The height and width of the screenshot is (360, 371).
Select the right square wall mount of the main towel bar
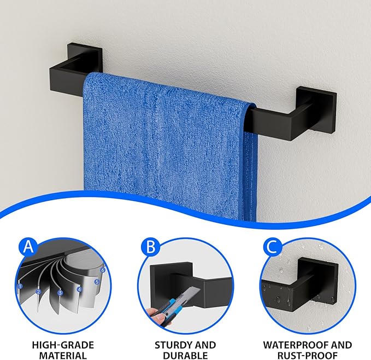[316, 109]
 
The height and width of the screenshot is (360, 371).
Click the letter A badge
[28, 247]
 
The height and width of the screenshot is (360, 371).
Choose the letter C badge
[273, 247]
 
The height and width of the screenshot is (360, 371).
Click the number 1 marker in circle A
[20, 286]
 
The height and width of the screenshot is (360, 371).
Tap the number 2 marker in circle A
[39, 292]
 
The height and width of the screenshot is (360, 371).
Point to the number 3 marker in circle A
[60, 293]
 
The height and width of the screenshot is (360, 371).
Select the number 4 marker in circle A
[79, 289]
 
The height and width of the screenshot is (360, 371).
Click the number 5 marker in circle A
[97, 282]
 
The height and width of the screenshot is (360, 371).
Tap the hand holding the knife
[157, 316]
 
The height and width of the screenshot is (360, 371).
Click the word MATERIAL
[63, 355]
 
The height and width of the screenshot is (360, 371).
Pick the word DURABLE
[185, 355]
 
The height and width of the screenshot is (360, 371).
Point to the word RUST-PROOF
[308, 355]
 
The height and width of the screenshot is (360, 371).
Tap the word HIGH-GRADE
[63, 345]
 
